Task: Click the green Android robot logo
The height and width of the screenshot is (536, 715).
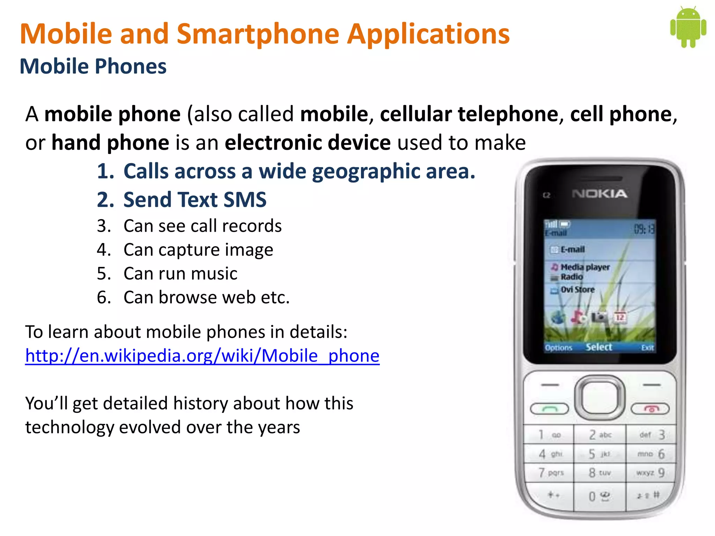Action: [x=688, y=27]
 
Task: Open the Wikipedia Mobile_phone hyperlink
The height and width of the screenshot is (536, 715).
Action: [x=202, y=356]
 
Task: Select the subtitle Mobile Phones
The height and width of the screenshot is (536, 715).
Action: [x=93, y=66]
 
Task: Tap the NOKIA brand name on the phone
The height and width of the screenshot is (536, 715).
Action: [x=599, y=194]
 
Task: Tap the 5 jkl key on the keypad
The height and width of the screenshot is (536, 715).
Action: [x=599, y=454]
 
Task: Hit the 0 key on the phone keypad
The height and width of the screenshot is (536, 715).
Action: [x=599, y=496]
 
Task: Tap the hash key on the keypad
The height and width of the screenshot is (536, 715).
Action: [x=650, y=495]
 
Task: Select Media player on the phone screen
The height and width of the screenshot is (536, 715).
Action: [x=585, y=267]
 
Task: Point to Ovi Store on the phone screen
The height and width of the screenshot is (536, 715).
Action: [x=577, y=290]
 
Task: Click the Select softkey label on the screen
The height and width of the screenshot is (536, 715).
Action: [x=599, y=347]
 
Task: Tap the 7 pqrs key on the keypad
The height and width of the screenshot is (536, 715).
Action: [x=551, y=473]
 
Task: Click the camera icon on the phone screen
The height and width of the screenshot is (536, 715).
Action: [x=599, y=317]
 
